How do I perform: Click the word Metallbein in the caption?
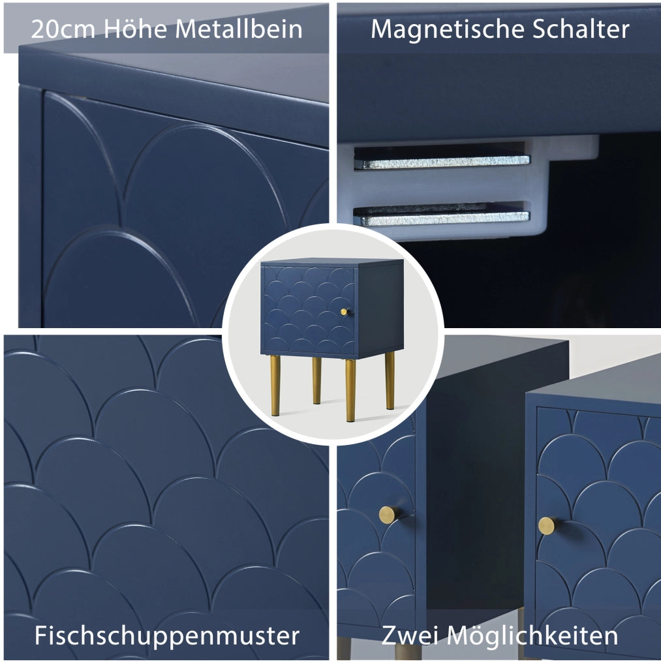239,29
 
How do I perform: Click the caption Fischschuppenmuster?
166,636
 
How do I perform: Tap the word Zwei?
410,635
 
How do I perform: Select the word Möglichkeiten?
532,635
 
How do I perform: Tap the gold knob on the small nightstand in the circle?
345,312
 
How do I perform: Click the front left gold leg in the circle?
275,385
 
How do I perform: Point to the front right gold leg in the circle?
350,390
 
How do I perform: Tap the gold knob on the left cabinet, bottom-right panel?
389,515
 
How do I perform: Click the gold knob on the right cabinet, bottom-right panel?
547,526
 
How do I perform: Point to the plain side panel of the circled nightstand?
380,308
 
